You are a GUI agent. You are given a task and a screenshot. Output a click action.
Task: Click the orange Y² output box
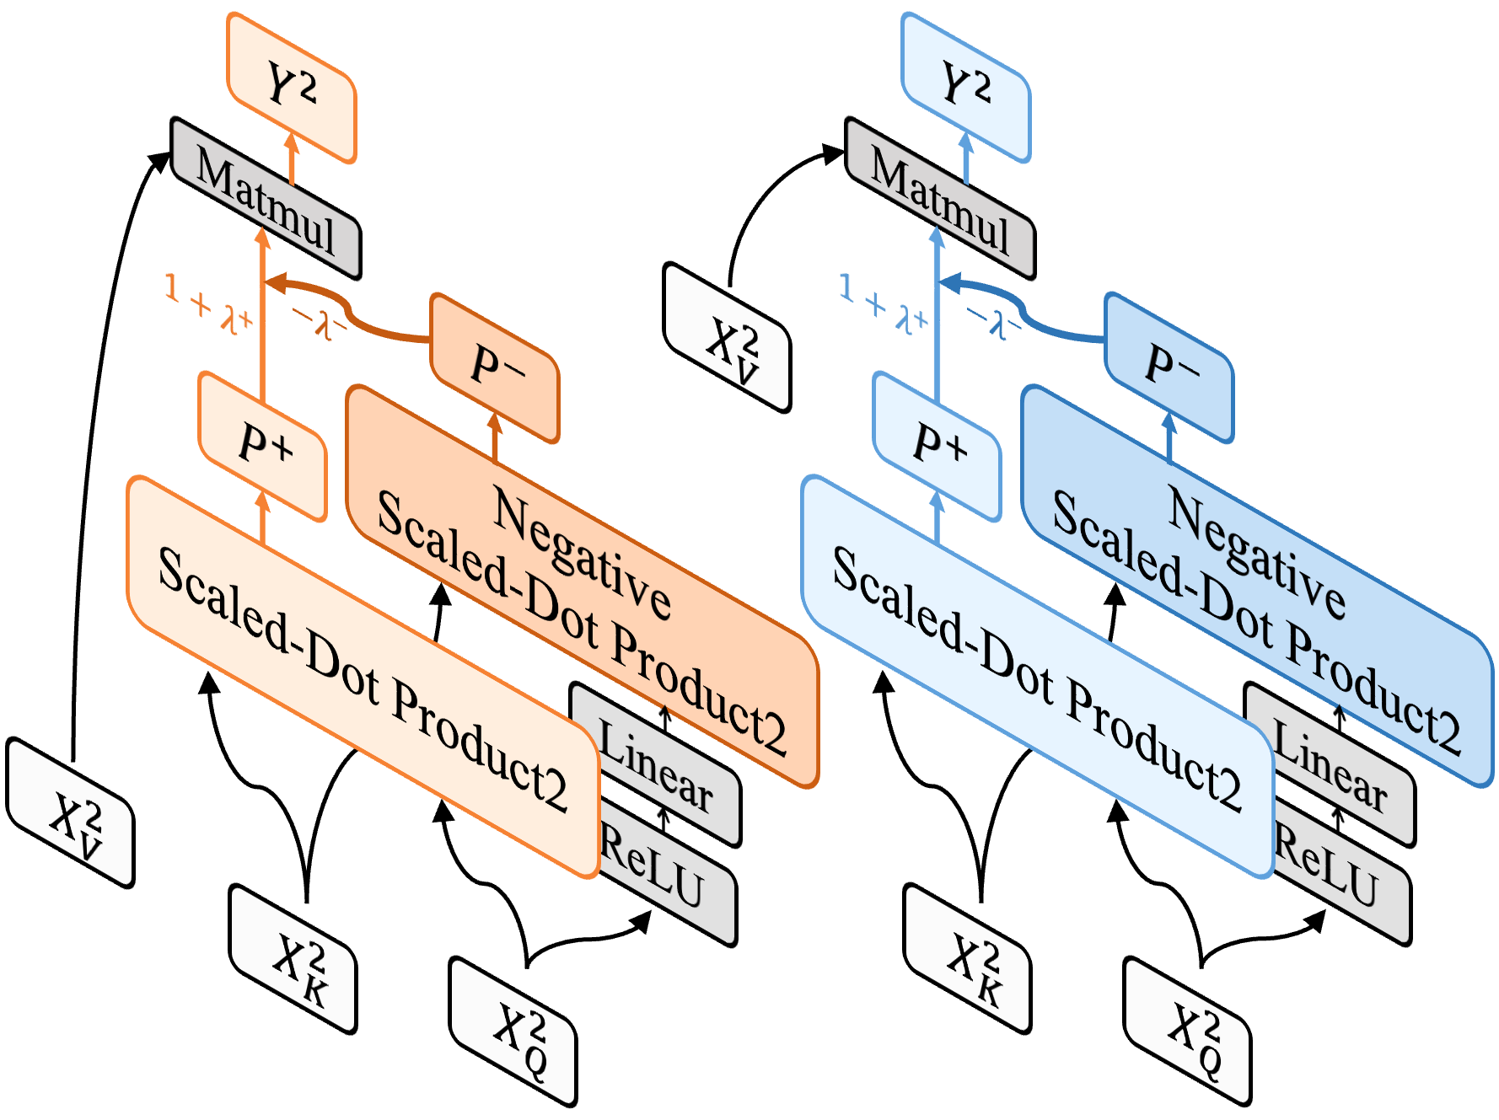pos(292,88)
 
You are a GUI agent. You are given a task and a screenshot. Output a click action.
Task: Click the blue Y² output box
pos(966,88)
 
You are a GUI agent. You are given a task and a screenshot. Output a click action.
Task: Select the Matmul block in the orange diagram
pos(266,200)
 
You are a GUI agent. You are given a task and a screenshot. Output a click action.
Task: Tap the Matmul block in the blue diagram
pos(940,200)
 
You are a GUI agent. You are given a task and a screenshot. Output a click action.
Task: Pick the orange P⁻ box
pos(496,367)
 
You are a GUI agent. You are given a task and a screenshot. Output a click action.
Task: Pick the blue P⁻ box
pos(1170,367)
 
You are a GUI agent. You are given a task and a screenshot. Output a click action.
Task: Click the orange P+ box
pos(264,446)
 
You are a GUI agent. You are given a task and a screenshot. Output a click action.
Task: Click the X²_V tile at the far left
pos(71,813)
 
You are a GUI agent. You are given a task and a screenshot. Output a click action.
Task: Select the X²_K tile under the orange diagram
pos(293,959)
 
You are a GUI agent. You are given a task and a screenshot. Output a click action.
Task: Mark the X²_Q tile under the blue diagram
pos(1188,1032)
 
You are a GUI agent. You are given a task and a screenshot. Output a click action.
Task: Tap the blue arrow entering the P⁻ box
pos(1169,437)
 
